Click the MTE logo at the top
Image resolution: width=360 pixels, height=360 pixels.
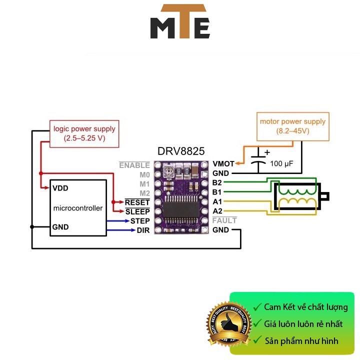click(180, 22)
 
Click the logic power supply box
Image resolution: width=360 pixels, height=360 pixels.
click(84, 133)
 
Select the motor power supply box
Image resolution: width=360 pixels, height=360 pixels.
click(292, 126)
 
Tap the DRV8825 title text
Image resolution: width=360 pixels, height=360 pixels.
click(180, 151)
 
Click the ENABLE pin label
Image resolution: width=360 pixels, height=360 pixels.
click(134, 164)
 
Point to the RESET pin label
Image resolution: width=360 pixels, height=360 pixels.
click(137, 202)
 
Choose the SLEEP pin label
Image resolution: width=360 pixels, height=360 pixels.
click(137, 211)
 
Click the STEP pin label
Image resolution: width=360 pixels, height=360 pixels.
click(140, 220)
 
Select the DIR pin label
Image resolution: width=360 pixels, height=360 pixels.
click(143, 230)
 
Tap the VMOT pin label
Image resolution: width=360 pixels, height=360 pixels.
click(223, 163)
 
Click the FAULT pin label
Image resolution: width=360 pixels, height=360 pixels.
click(224, 220)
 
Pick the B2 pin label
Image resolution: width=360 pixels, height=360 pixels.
click(217, 182)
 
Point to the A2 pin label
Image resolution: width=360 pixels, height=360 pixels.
click(217, 211)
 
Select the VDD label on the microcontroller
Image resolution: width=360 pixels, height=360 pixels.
click(60, 188)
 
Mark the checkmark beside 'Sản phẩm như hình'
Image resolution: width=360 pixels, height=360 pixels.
click(257, 341)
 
